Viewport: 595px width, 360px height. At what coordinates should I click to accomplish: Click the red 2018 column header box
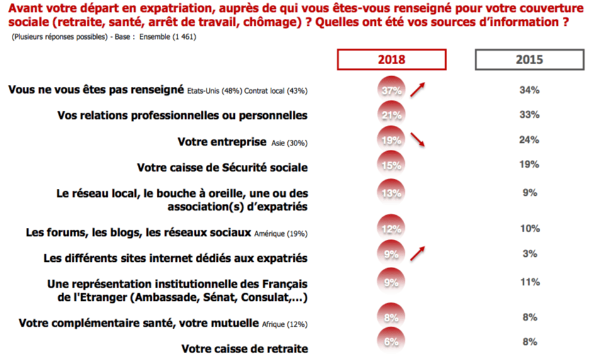392,59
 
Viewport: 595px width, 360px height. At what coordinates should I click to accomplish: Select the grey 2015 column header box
529,59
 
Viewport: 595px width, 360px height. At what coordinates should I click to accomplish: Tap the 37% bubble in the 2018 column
392,90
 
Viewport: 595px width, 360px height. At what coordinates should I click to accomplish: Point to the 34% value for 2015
529,90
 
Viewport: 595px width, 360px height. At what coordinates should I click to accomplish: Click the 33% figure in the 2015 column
529,115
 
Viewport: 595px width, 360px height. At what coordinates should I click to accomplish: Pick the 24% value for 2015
529,140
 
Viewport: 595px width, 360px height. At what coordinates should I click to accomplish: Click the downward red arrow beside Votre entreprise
417,139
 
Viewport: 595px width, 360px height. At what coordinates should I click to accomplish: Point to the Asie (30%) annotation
288,143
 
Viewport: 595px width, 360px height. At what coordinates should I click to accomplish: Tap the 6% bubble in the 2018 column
392,341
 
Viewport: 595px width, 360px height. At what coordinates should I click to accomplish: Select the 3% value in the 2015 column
529,254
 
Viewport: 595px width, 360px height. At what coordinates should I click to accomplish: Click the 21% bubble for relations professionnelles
392,115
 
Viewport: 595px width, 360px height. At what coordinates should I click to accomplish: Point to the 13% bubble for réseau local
392,193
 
